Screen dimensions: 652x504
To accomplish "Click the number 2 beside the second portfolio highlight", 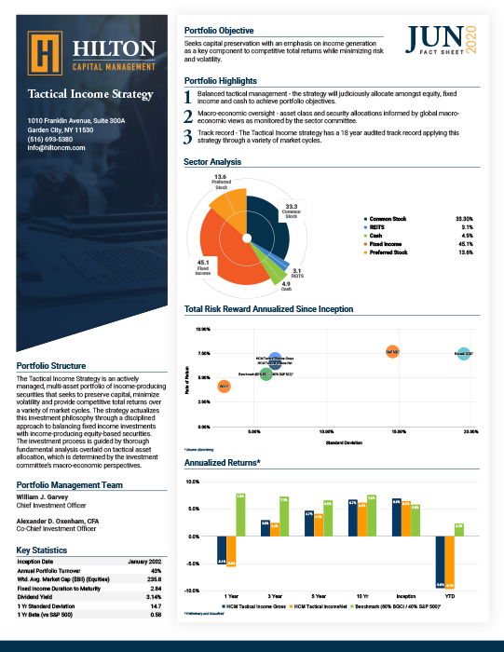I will pyautogui.click(x=189, y=115).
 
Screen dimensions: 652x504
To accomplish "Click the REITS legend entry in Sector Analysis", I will pyautogui.click(x=376, y=226).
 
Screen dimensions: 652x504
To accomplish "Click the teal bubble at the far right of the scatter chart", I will pyautogui.click(x=463, y=354).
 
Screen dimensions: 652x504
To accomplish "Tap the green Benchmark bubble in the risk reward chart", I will pyautogui.click(x=266, y=374).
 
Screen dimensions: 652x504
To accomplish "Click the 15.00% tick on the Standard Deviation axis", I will pyautogui.click(x=398, y=406).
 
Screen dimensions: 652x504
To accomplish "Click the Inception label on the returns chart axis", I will pyautogui.click(x=406, y=594).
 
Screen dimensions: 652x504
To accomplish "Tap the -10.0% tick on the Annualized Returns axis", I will pyautogui.click(x=194, y=591).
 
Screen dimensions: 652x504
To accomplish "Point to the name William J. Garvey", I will pyautogui.click(x=44, y=496).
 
